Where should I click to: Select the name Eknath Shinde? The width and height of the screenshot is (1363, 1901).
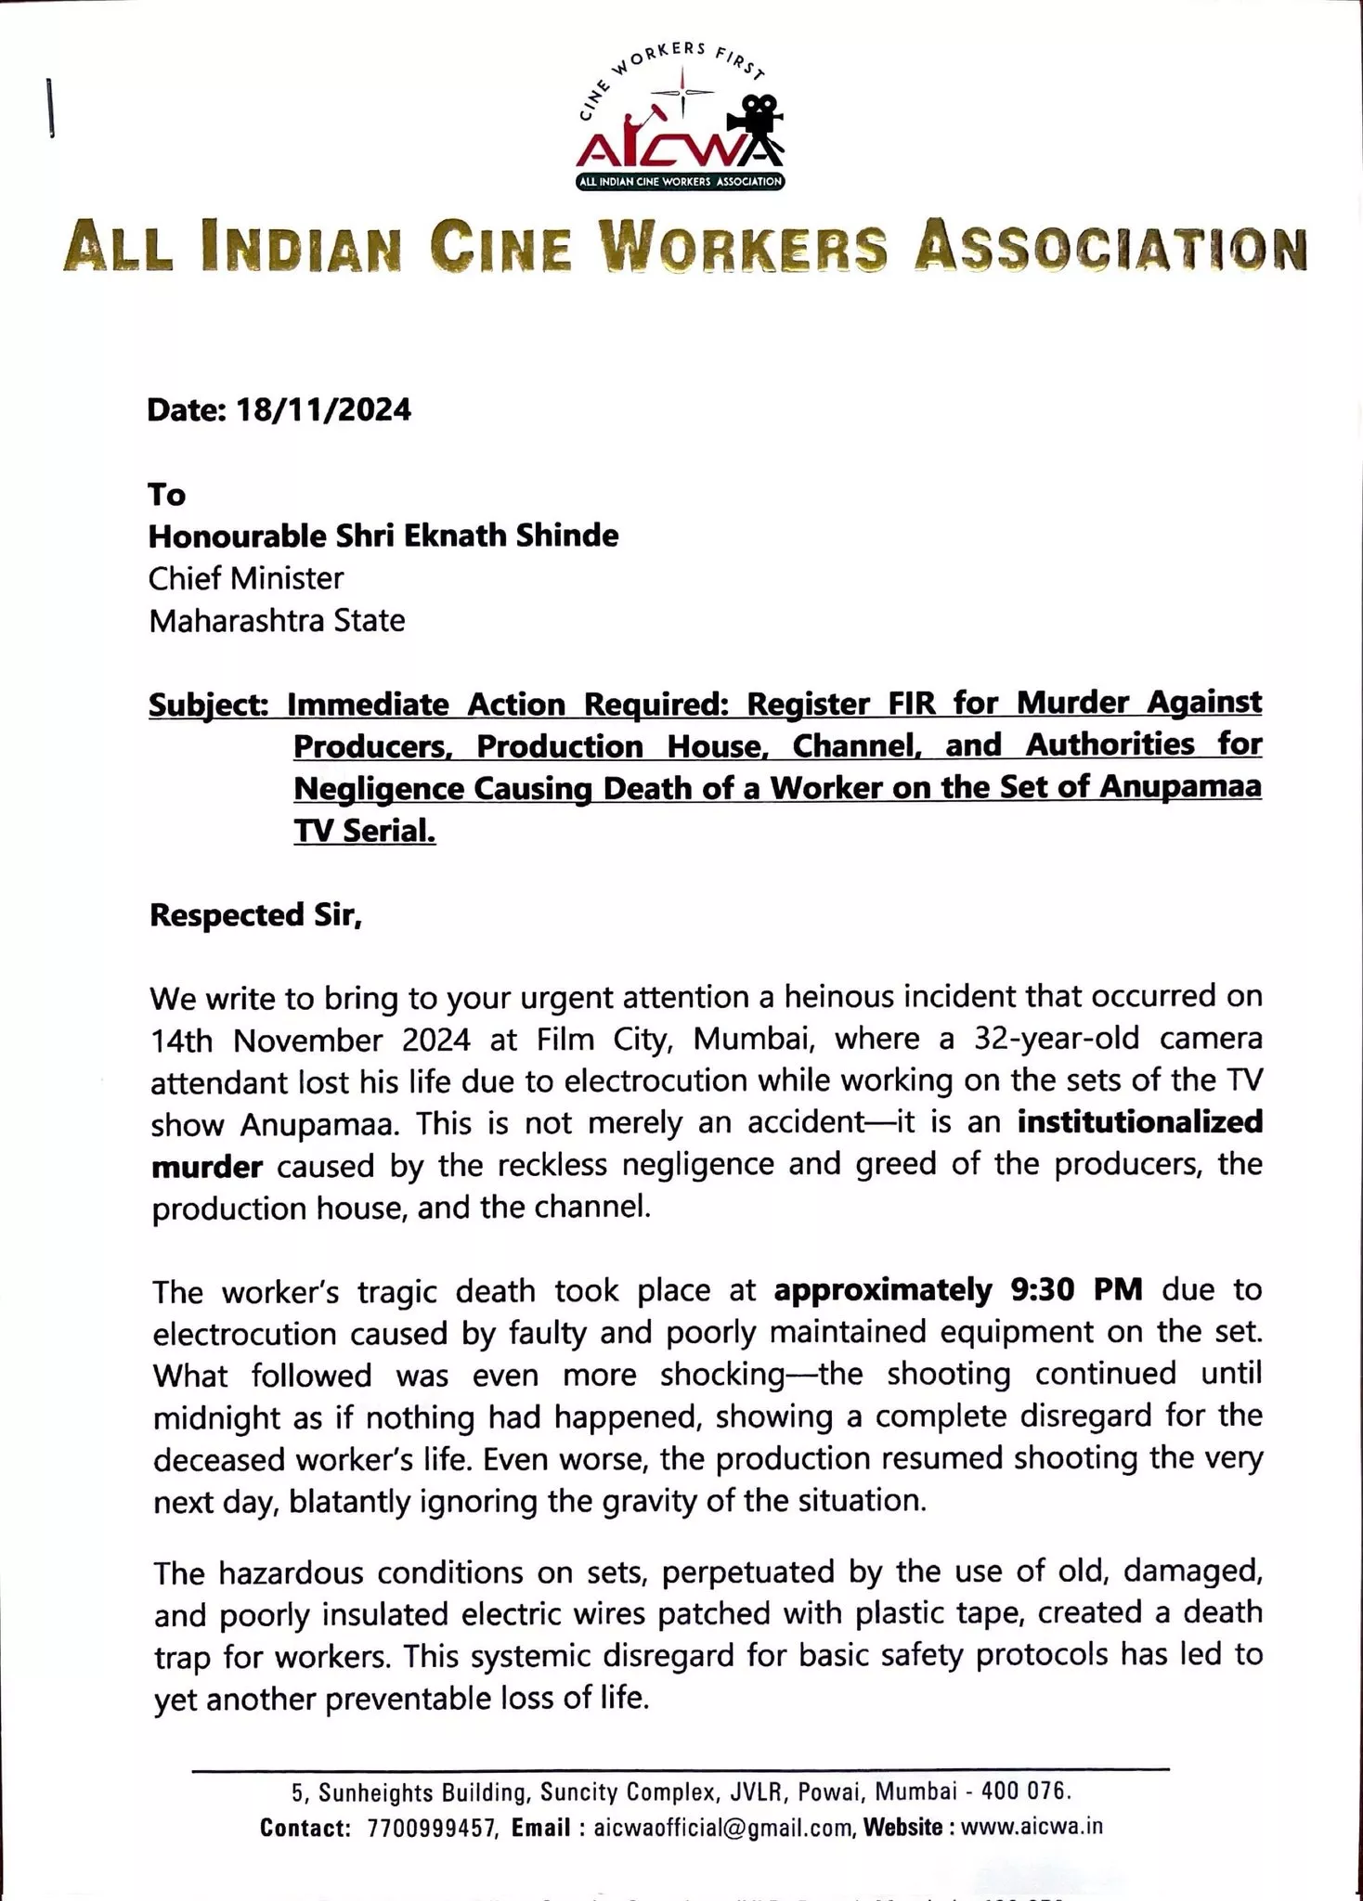coord(524,536)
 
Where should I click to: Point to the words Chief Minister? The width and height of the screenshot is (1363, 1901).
coord(246,578)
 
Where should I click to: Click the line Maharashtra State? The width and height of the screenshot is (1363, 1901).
coord(277,620)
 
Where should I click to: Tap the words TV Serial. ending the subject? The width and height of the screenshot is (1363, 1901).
coord(365,831)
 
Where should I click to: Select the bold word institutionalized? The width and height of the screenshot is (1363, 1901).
coord(1140,1122)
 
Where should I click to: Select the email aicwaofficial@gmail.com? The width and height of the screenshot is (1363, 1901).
coord(723,1828)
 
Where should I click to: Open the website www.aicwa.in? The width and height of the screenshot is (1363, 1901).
coord(1032,1827)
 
